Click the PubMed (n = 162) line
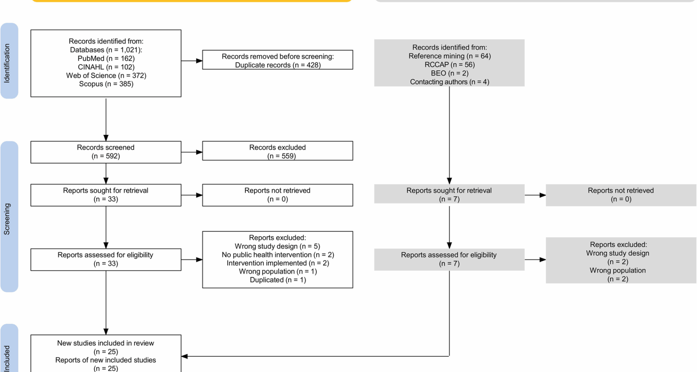(x=106, y=58)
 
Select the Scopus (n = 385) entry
(x=106, y=84)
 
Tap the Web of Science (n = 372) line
(x=106, y=76)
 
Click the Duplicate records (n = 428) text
(x=278, y=65)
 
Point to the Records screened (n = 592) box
(x=106, y=152)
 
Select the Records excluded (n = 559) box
(x=277, y=151)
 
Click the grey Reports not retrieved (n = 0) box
(x=621, y=195)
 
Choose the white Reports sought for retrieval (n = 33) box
(x=106, y=195)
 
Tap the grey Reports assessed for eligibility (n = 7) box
(x=449, y=259)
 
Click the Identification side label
(x=7, y=62)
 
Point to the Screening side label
(x=7, y=219)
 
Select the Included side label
(x=7, y=358)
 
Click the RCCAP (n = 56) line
(x=449, y=65)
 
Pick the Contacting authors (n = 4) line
(x=449, y=82)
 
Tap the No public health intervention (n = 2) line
(x=278, y=255)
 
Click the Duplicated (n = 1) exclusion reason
(x=278, y=280)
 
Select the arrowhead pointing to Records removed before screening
(x=199, y=61)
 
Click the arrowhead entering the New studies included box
(x=184, y=356)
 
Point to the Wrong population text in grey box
(x=617, y=270)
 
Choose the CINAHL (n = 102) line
(x=106, y=67)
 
